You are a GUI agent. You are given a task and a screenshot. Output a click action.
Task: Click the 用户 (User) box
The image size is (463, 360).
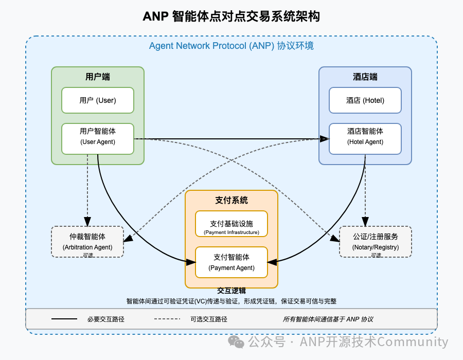[98, 100]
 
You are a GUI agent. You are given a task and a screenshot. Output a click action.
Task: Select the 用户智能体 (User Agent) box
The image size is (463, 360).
[98, 139]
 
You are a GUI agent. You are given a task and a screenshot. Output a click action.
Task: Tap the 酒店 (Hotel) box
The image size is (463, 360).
[365, 100]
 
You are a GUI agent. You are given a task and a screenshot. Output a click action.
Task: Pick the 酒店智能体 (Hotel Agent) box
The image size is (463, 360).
[365, 139]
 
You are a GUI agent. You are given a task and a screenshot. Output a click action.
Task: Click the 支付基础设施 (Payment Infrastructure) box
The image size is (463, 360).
[232, 224]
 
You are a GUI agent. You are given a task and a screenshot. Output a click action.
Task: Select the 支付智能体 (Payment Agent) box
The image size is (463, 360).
[232, 262]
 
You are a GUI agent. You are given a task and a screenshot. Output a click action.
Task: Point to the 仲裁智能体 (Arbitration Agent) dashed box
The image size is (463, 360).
[87, 242]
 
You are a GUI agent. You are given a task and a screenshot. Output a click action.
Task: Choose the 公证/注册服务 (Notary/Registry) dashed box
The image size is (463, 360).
[376, 242]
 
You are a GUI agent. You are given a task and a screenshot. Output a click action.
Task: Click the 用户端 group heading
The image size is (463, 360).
[98, 77]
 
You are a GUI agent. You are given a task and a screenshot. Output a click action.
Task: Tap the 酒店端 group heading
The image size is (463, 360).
[365, 77]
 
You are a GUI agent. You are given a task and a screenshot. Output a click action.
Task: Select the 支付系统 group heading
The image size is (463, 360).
[232, 201]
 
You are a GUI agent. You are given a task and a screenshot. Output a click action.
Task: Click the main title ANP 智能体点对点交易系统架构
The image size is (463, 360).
[231, 16]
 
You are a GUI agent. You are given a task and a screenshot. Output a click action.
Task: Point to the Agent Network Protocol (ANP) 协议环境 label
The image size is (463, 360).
[231, 46]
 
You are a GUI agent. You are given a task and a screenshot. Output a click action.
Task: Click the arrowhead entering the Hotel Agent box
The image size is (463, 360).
[325, 139]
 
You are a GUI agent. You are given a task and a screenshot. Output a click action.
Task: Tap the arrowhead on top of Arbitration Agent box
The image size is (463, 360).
[87, 222]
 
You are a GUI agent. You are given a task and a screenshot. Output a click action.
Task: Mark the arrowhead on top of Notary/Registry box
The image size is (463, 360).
[365, 222]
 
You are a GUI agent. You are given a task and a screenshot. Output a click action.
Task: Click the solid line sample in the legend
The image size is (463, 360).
[64, 319]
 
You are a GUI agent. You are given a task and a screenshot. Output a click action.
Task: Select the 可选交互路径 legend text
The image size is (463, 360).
[209, 319]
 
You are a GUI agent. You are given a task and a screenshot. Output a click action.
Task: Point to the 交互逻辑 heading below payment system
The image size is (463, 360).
[232, 291]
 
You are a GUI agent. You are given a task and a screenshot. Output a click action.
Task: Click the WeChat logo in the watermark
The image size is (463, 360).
[236, 341]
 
